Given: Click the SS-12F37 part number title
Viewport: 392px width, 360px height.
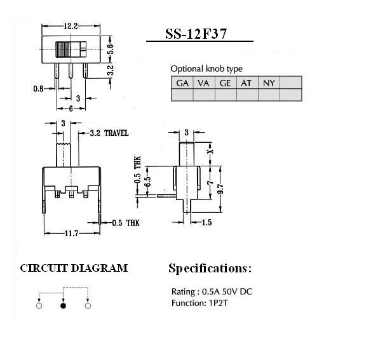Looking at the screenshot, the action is tap(196, 34).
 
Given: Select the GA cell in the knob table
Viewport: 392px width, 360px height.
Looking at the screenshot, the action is tap(182, 83).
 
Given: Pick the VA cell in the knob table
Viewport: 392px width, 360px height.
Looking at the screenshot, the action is tap(204, 83).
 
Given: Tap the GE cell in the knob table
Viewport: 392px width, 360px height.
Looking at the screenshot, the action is tap(226, 83).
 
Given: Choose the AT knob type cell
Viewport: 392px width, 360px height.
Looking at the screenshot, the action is tap(247, 83).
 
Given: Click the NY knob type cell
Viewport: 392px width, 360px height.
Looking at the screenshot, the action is tap(269, 83).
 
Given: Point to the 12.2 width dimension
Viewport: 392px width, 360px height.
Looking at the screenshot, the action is tap(71, 26).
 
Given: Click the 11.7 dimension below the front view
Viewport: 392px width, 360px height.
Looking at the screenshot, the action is tap(72, 234).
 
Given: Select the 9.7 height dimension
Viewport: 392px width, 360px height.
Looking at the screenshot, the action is tap(220, 189).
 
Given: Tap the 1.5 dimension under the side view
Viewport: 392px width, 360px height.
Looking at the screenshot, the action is tap(206, 222).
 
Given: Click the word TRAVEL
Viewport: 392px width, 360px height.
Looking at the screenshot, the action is tap(116, 133).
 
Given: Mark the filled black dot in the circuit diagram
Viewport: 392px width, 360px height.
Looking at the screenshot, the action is tap(64, 305).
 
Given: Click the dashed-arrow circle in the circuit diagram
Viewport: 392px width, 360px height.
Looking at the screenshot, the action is tap(88, 305).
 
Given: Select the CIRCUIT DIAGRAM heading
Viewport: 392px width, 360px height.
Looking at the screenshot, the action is tap(74, 269).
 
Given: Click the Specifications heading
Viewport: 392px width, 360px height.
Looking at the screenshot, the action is tap(210, 269).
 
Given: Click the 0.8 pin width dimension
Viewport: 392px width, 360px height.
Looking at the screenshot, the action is tap(38, 89).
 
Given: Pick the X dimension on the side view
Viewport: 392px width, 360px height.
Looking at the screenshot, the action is tap(211, 151).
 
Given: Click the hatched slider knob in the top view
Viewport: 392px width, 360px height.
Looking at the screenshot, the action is tap(63, 50).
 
